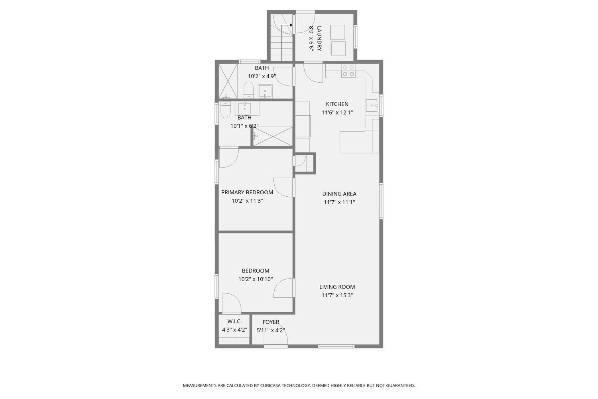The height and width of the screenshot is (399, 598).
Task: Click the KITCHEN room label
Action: point(337,104)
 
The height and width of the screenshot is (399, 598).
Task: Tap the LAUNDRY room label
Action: point(319,38)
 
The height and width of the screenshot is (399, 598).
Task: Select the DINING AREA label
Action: point(339,194)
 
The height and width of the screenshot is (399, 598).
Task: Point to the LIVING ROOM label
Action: point(337,287)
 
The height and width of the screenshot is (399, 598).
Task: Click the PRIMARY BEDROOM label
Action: point(247,192)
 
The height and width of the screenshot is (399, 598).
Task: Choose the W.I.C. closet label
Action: point(234,321)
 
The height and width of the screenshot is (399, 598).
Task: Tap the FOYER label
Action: point(271,322)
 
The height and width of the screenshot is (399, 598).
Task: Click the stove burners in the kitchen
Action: point(348,71)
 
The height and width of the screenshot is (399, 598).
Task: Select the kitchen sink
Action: point(372,105)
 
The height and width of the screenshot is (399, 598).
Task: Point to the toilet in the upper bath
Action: point(248,90)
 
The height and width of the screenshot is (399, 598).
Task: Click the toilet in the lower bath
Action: point(225,110)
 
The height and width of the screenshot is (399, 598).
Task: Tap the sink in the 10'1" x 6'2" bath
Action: point(244,108)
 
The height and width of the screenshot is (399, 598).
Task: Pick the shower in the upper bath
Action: point(228,81)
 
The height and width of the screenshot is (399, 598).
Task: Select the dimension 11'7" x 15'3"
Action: point(337,295)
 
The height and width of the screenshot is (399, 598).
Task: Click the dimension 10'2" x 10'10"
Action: point(256,279)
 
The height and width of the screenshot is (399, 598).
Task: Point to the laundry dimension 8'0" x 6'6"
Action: point(311,38)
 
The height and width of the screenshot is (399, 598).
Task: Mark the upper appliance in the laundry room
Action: point(337,32)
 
